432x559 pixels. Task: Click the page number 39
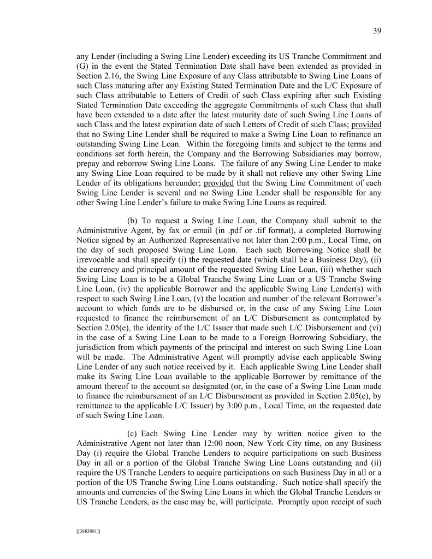(x=376, y=31)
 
